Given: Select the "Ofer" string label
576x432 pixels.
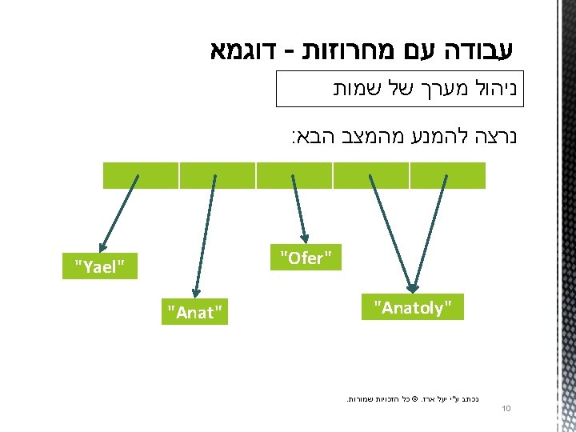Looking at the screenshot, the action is click(306, 258).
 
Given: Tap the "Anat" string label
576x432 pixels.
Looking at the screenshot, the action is click(193, 311).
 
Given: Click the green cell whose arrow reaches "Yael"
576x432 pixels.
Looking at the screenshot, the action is click(141, 174).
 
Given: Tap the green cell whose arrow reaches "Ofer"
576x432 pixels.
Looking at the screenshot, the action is click(294, 174).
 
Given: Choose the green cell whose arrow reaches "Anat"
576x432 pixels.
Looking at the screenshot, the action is click(217, 174).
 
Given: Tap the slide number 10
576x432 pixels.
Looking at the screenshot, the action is click(506, 410).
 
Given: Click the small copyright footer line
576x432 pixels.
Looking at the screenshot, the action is click(416, 396).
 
